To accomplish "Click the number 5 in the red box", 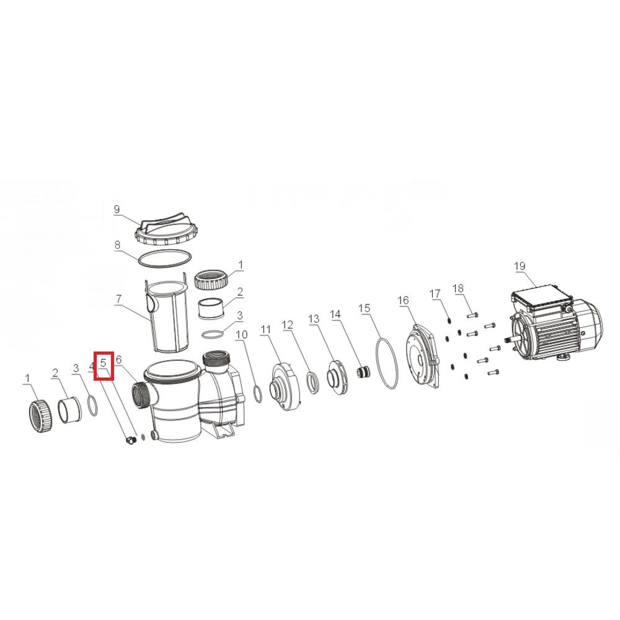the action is tap(104, 363).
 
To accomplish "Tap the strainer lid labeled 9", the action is tap(164, 230).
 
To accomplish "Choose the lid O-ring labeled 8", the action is tap(165, 258).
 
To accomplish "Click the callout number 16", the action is tap(403, 301).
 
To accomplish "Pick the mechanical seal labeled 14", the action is tap(363, 373).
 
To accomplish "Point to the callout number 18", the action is tap(458, 289).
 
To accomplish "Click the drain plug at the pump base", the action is tap(129, 440).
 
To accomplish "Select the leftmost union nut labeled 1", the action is tap(41, 415).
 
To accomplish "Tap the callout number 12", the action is tap(288, 325).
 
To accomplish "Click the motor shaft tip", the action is tap(506, 340).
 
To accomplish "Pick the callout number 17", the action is tap(435, 294).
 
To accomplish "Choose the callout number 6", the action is tap(118, 360).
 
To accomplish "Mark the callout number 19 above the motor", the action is tap(520, 266).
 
